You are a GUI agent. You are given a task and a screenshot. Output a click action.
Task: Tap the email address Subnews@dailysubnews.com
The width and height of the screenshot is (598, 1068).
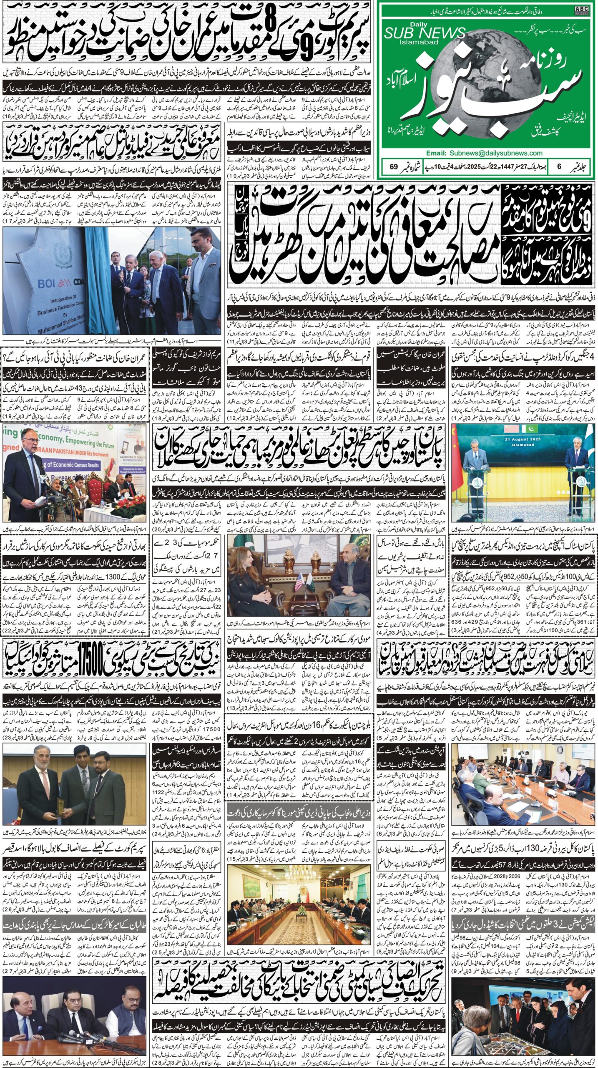(496, 153)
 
